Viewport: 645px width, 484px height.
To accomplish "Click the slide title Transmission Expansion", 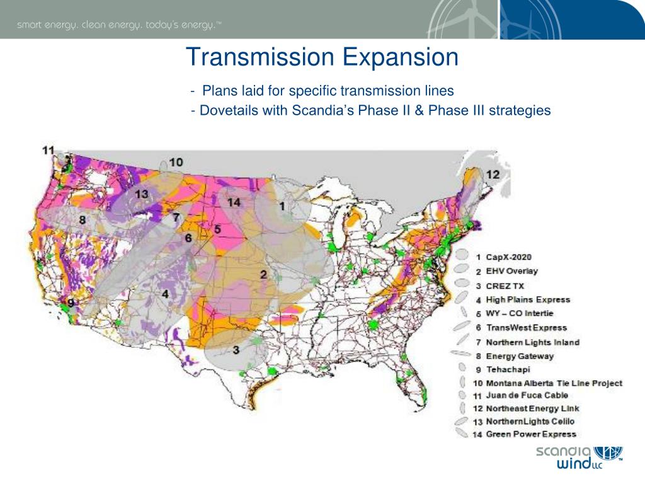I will point(322,58).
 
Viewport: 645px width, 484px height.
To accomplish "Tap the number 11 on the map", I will point(49,150).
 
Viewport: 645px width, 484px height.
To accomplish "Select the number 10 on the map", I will point(176,162).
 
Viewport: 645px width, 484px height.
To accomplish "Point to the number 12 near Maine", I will point(493,174).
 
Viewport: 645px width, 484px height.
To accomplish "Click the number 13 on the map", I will point(142,194).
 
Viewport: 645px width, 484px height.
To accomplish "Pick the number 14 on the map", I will point(234,202).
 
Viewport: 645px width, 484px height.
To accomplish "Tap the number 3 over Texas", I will point(235,350).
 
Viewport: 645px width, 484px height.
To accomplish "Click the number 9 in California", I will point(71,303).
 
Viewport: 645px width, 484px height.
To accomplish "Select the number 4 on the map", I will point(164,294).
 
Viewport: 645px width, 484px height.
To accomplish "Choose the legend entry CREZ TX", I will point(505,285).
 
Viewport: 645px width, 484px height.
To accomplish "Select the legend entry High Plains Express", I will point(528,299).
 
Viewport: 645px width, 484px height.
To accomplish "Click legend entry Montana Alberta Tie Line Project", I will point(554,383).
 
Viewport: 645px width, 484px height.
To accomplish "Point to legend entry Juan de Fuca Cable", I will point(527,395).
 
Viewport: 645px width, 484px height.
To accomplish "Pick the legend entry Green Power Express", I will point(530,434).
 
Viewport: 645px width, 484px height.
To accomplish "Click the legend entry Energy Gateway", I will point(520,355).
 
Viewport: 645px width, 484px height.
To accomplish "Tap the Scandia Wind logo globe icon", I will point(608,454).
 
